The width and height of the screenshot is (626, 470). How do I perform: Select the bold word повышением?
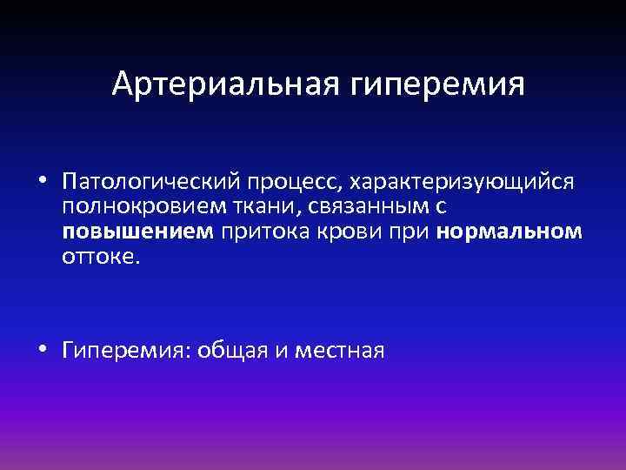137,233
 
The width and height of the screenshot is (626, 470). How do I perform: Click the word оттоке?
100,258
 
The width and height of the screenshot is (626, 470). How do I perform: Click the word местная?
340,351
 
